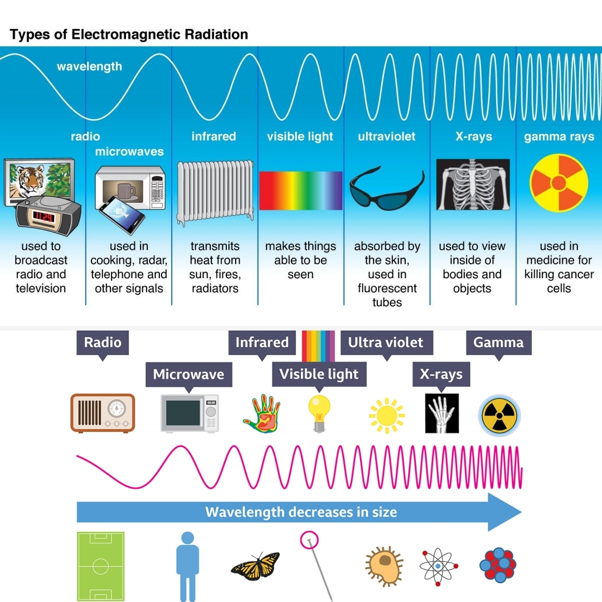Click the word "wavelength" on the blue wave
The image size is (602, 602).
tap(89, 67)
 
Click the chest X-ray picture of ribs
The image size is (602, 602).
tap(473, 185)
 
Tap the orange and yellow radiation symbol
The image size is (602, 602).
tap(559, 183)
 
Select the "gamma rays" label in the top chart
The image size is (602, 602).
tap(559, 137)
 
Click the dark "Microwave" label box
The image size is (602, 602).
tap(188, 374)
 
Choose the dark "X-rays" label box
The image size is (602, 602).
tap(441, 374)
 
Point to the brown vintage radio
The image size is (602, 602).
tap(103, 413)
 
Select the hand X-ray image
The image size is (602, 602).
tap(441, 413)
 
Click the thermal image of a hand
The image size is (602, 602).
tap(261, 413)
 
